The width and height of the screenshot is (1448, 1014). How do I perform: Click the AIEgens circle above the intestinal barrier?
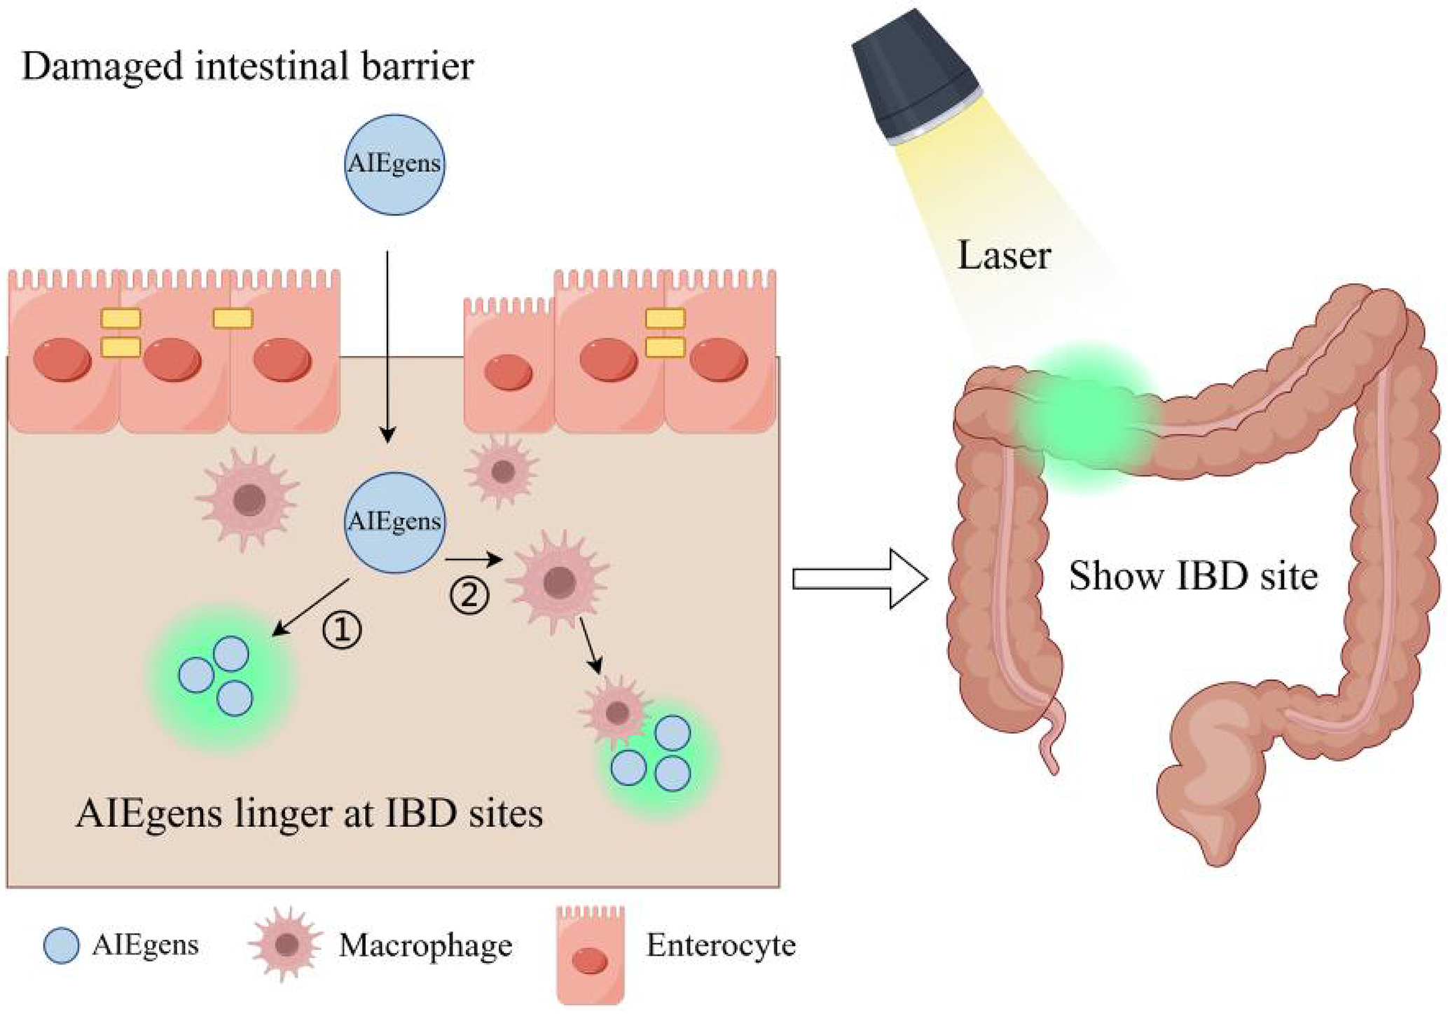[x=394, y=165]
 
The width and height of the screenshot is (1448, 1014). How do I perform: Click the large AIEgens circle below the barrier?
[x=394, y=523]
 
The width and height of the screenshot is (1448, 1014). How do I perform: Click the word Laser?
[x=1004, y=256]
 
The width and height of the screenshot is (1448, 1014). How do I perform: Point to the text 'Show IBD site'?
[x=1193, y=577]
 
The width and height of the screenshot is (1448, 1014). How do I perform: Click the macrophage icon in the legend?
[x=286, y=945]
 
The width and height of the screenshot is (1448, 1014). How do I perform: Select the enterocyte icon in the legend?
[x=591, y=954]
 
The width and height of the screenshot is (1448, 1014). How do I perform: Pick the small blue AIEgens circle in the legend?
[x=61, y=946]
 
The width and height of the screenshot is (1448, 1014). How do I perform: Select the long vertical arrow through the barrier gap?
[x=387, y=347]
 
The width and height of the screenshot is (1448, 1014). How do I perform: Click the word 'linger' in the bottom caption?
[x=273, y=814]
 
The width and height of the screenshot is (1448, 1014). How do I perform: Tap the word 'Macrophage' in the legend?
[x=425, y=946]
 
